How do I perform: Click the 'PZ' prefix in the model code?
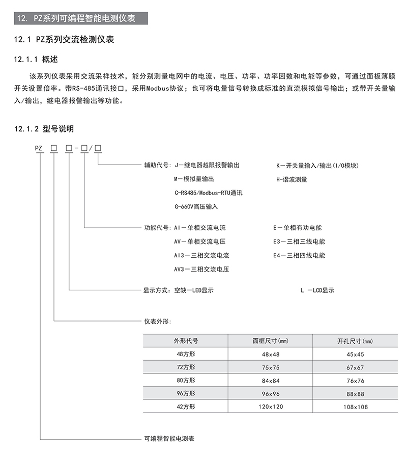pos(39,148)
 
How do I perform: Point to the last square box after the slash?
pos(98,148)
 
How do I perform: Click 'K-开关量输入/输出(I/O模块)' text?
pos(317,166)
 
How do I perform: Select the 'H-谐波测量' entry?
pos(292,179)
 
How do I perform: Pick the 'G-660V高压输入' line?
pos(195,206)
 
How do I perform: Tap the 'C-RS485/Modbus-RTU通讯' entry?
pos(208,193)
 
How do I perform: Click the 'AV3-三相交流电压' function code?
pos(201,269)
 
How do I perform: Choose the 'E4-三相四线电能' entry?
pos(299,255)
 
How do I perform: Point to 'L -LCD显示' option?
pos(317,290)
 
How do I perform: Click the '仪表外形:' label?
pos(157,321)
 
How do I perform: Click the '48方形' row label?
pos(185,354)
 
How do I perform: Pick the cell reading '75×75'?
pos(271,367)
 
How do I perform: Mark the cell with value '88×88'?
pos(355,394)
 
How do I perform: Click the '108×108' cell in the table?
pos(355,407)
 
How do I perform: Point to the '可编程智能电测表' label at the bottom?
pos(169,439)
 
